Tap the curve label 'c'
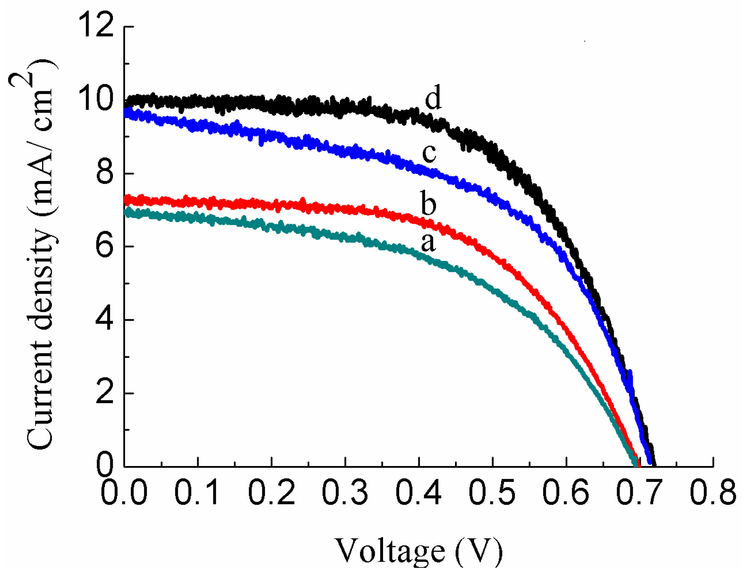[x=429, y=153]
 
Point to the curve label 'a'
[x=428, y=243]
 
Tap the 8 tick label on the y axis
[x=104, y=173]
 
